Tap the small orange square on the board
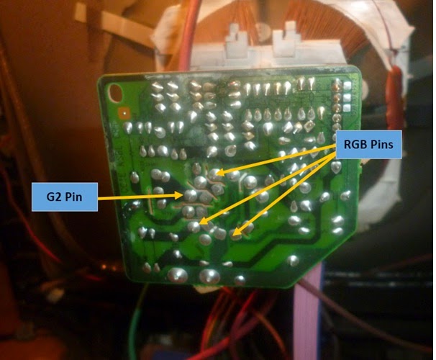(x=127, y=112)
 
